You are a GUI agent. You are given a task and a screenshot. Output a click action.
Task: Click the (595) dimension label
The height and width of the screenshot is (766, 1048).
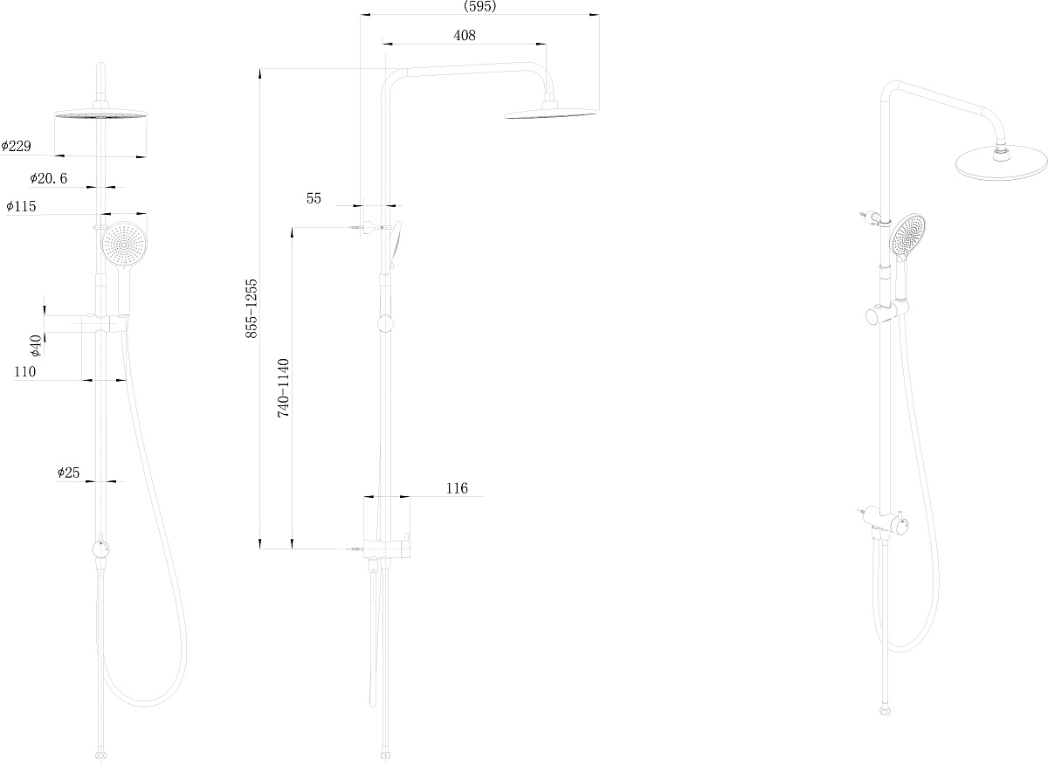[x=479, y=6]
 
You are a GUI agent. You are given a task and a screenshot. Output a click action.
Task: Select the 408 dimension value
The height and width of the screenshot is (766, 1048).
[x=465, y=36]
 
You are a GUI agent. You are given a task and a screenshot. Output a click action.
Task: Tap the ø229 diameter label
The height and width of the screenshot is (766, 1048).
[x=16, y=146]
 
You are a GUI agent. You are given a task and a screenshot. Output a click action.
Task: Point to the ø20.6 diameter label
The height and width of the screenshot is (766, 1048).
[x=48, y=178]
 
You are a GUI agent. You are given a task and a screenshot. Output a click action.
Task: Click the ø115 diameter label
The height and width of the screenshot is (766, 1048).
[x=21, y=206]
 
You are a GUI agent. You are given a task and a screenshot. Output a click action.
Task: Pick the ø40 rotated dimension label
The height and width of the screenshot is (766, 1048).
[x=36, y=345]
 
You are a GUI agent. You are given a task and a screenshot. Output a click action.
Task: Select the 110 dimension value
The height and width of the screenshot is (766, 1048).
[x=24, y=371]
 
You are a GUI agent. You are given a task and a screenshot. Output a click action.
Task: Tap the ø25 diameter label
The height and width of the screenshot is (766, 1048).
[x=68, y=473]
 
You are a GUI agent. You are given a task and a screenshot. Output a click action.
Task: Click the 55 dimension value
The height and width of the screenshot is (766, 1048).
[x=314, y=198]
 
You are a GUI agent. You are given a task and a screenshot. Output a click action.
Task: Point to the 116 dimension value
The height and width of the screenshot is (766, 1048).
[x=457, y=488]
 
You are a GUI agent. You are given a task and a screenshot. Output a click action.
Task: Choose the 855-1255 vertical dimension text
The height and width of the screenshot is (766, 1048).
[x=252, y=308]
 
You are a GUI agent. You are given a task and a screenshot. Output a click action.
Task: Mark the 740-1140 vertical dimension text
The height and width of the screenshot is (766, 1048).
[x=283, y=388]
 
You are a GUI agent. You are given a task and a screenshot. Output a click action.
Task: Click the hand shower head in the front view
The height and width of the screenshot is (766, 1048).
[x=124, y=245]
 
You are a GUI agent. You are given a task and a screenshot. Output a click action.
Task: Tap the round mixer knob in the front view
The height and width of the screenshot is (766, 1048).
[x=100, y=549]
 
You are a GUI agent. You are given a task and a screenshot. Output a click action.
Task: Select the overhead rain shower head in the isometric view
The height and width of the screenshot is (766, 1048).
[x=1000, y=162]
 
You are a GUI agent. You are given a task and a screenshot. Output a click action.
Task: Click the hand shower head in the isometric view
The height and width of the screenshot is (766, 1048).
[x=908, y=235]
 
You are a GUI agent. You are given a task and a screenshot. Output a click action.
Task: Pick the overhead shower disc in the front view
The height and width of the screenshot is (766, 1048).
[x=100, y=114]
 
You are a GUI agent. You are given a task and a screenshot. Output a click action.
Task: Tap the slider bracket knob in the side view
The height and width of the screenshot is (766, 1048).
[x=385, y=324]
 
